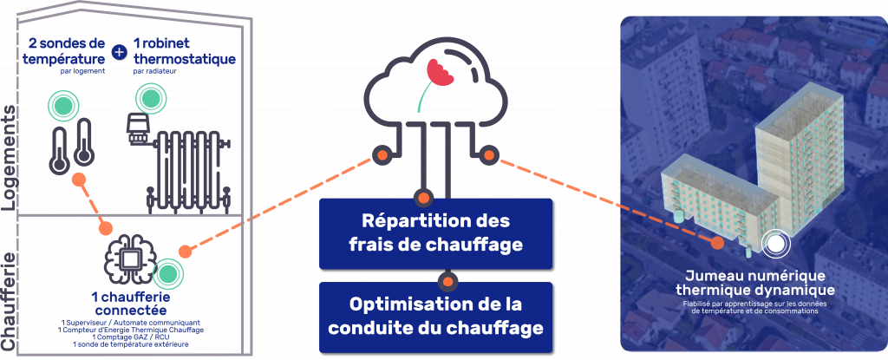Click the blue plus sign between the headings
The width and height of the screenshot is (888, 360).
(x=119, y=52)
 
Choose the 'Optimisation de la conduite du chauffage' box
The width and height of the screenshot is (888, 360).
(x=435, y=317)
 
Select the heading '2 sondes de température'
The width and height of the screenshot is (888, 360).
(x=66, y=51)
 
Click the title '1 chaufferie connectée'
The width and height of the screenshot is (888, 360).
(x=129, y=303)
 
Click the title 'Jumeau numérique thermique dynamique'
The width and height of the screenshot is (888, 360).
(x=754, y=283)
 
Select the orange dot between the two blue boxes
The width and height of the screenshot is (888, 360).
(x=447, y=281)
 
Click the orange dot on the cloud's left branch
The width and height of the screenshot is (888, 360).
(x=379, y=157)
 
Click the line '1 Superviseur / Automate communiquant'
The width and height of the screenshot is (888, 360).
(x=129, y=322)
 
